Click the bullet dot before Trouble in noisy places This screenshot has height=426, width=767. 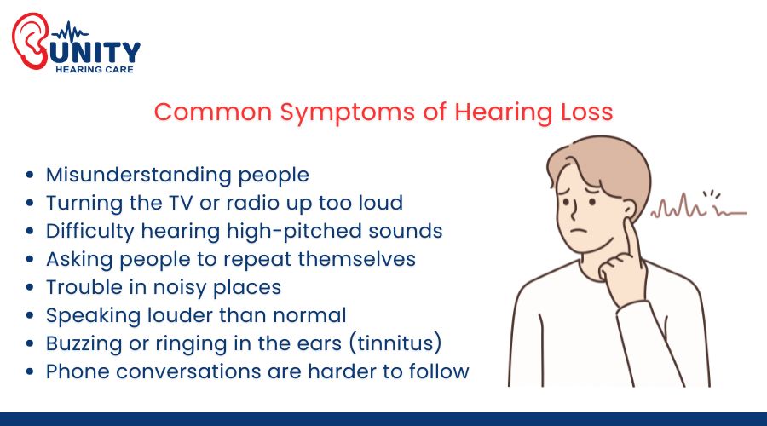[x=31, y=288]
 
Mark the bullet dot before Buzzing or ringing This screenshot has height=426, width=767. [x=31, y=344]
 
